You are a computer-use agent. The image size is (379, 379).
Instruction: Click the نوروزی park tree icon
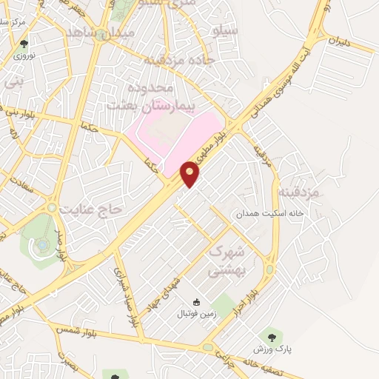click(x=24, y=44)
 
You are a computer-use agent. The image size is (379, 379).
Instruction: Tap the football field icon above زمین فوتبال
click(x=196, y=301)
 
